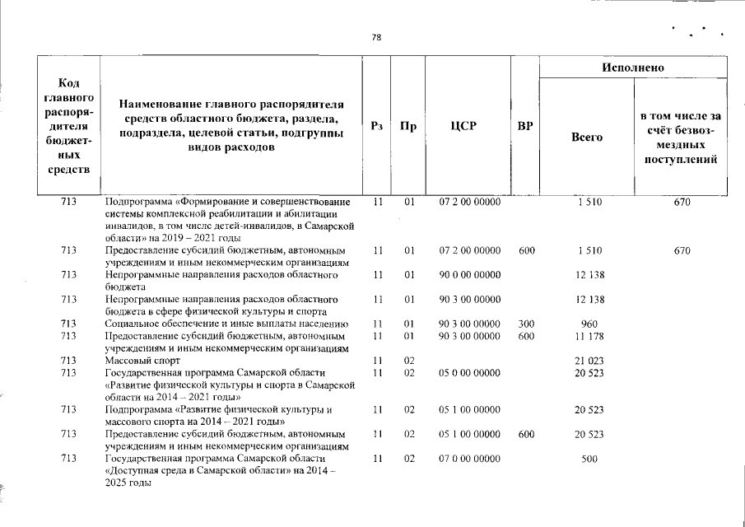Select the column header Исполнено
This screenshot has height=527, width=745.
633,67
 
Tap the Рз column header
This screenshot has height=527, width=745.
378,126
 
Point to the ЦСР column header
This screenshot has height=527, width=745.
467,126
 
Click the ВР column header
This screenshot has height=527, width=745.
524,126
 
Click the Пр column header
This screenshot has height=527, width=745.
407,126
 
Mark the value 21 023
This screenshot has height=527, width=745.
589,361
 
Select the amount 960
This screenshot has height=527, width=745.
589,324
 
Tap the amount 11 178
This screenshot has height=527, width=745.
589,336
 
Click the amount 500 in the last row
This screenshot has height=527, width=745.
589,459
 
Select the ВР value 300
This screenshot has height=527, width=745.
524,324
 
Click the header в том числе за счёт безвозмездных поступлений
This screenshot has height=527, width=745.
681,138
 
